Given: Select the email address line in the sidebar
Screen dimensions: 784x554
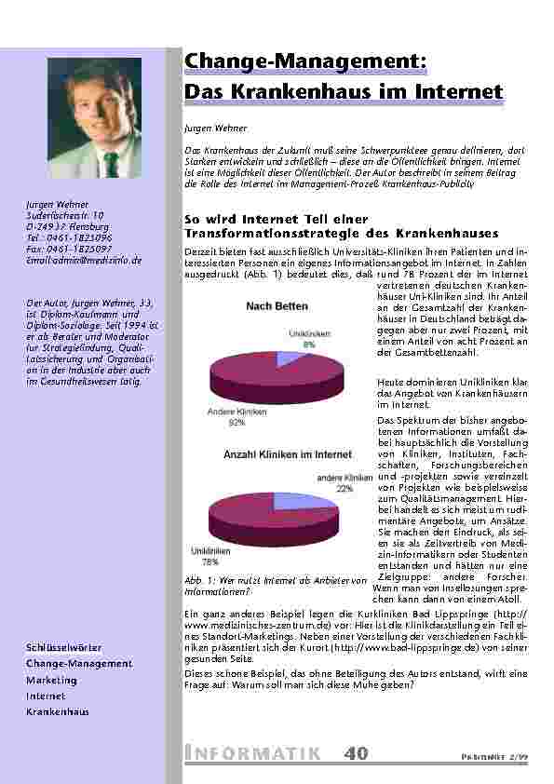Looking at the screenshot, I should point(84,261).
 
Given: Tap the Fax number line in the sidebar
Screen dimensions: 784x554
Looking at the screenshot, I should point(70,250).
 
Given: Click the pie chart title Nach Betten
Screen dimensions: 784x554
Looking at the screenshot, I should point(277,305).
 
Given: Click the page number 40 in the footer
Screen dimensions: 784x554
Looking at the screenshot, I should point(355,754).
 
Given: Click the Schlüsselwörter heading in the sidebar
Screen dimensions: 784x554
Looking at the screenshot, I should point(64,647).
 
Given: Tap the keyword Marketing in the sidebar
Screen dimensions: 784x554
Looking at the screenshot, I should point(51,680).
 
